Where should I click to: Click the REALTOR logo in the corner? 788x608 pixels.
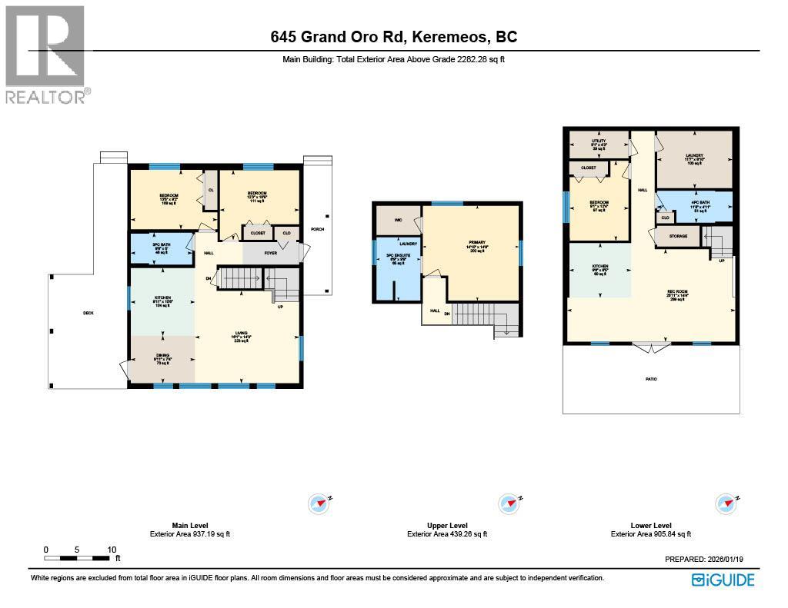[45, 55]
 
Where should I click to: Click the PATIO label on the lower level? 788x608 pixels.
[651, 379]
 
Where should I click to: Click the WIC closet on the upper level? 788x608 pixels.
[398, 220]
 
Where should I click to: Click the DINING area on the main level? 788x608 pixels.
[161, 358]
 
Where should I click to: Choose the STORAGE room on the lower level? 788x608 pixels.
[678, 236]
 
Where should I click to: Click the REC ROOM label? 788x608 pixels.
[677, 294]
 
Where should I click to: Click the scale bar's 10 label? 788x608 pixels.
[112, 550]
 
